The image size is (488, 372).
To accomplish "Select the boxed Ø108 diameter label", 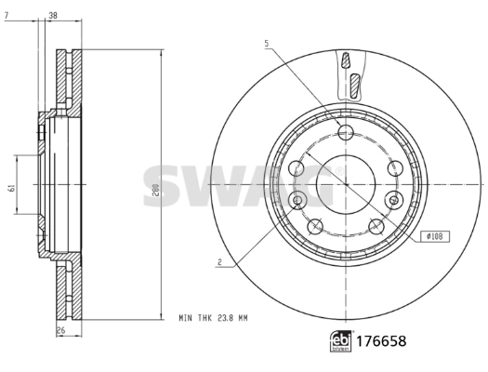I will (x=434, y=236).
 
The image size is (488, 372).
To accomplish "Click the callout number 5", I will (x=266, y=44).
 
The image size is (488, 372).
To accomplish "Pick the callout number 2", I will (x=218, y=263).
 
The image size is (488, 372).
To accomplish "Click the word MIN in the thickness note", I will (x=186, y=317).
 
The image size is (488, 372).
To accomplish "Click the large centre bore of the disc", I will (x=339, y=183).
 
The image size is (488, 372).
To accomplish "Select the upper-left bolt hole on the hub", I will (x=298, y=167).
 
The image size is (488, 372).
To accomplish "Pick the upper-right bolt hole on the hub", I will (x=393, y=167).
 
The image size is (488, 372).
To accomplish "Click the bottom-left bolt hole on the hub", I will (x=315, y=226).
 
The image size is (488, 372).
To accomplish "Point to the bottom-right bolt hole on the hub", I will (x=376, y=226).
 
